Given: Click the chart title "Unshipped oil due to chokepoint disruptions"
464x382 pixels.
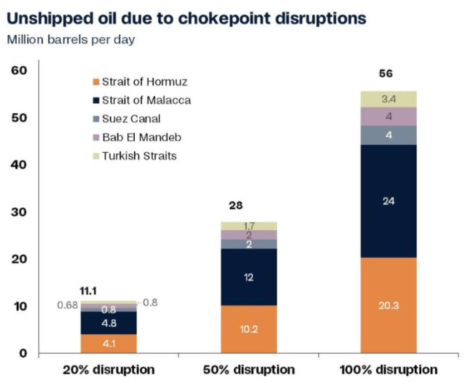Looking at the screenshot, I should (186, 19).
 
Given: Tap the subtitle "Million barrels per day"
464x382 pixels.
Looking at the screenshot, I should (71, 40).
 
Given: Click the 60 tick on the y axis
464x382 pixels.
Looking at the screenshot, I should (18, 71).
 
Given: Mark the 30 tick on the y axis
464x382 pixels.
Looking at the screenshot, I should (18, 212).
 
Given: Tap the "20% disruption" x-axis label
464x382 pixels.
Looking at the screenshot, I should (108, 370).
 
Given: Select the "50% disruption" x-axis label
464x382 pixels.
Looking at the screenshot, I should (249, 370).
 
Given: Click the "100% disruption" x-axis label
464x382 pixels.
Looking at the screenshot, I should (388, 370).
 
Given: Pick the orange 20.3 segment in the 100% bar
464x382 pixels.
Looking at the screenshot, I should (388, 305).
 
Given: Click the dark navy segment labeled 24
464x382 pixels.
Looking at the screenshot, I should (388, 201).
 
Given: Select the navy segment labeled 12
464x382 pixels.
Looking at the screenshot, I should (249, 277).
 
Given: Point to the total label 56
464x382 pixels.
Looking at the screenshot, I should (385, 74).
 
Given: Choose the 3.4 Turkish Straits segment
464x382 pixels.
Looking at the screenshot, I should (388, 99).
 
